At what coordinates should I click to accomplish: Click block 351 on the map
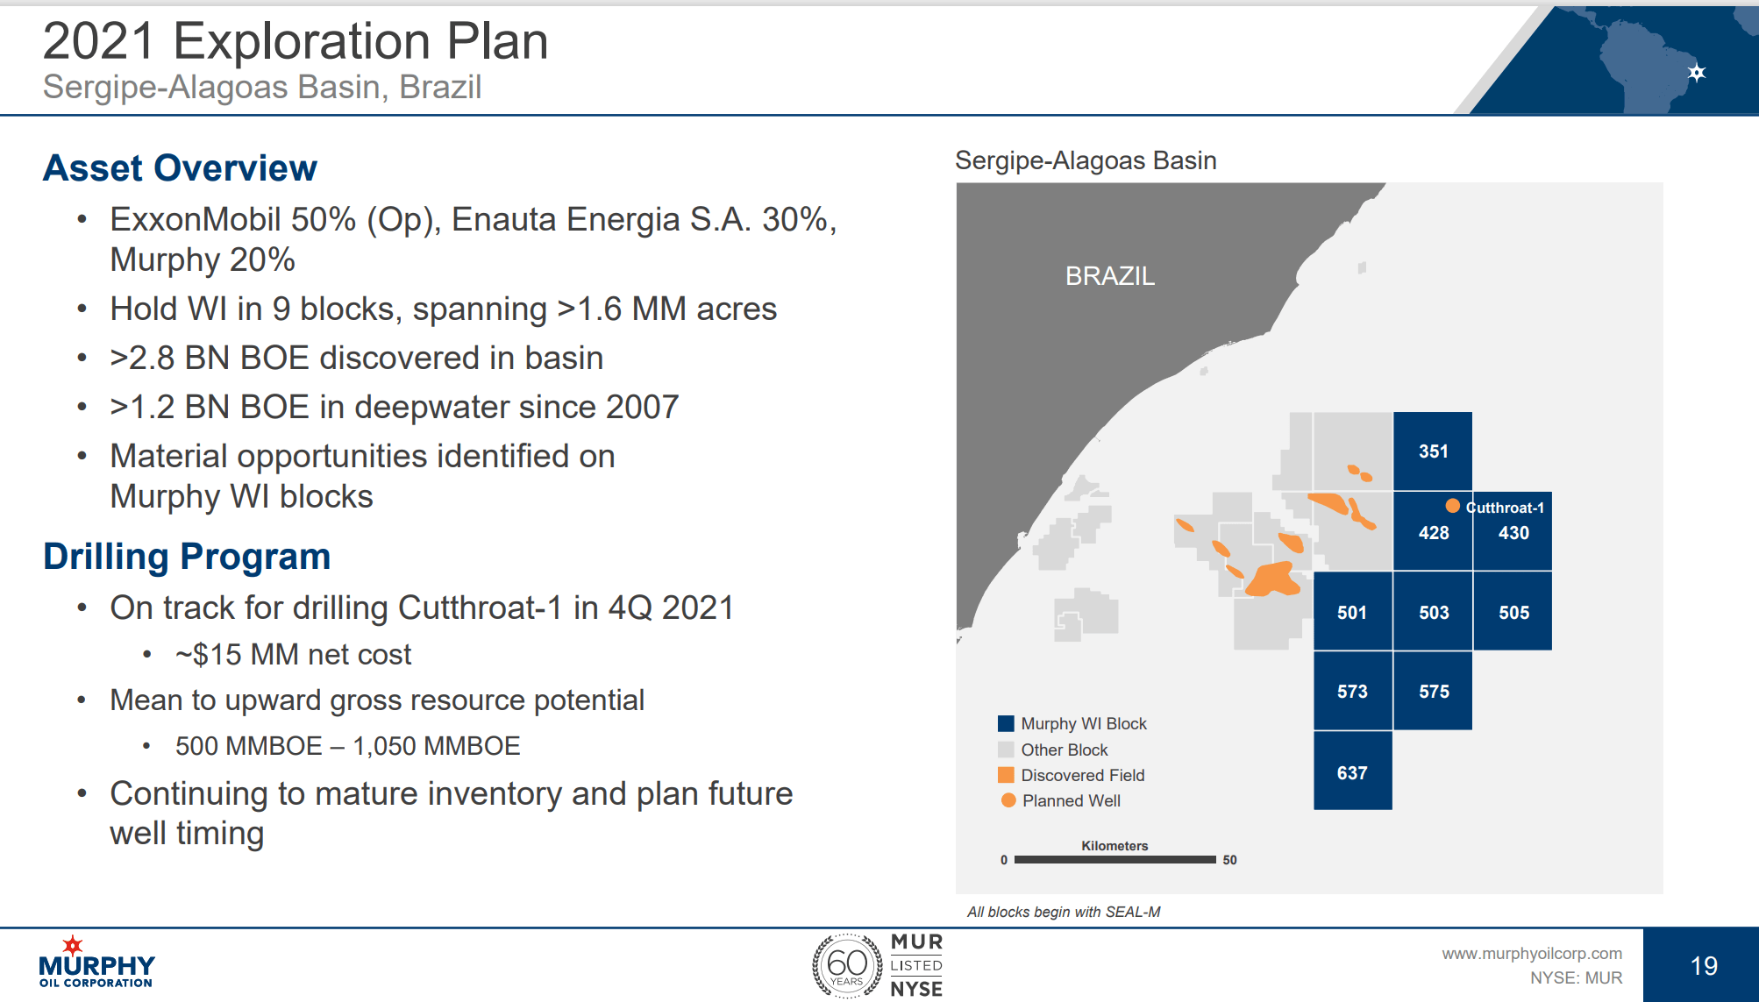[x=1433, y=451]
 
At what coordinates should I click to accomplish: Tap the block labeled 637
[x=1352, y=771]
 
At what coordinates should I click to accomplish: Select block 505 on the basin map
[x=1513, y=611]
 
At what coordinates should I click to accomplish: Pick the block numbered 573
[x=1352, y=691]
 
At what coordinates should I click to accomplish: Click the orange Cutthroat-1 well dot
[x=1452, y=506]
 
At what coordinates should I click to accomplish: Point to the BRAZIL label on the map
[x=1109, y=276]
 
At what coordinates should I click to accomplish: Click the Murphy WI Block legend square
[x=1006, y=723]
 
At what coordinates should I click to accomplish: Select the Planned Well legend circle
[x=1008, y=800]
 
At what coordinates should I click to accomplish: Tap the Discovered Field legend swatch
[x=1006, y=775]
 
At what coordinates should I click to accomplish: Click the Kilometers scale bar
[x=1115, y=860]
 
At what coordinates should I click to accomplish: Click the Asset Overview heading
[x=180, y=167]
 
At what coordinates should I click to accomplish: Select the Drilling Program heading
[x=187, y=557]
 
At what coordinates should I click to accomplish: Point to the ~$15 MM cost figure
[x=293, y=655]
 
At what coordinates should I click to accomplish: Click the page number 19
[x=1704, y=966]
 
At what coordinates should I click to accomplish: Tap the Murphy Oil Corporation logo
[x=96, y=962]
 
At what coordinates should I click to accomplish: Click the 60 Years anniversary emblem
[x=846, y=966]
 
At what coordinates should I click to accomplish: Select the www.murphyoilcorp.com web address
[x=1532, y=953]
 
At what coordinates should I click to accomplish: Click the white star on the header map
[x=1697, y=73]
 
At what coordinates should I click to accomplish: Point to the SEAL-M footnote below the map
[x=1064, y=912]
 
